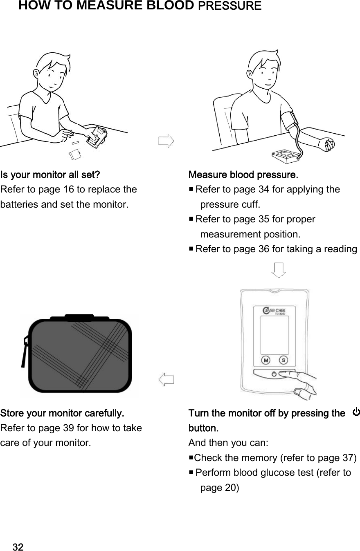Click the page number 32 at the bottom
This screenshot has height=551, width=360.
click(18, 547)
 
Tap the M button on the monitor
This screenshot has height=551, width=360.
click(266, 360)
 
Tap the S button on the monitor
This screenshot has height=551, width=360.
click(283, 360)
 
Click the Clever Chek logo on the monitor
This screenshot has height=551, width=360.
click(274, 312)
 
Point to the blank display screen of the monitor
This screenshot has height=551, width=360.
click(274, 336)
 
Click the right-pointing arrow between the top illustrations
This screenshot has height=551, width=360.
click(166, 141)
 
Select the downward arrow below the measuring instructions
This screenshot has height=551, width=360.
click(279, 270)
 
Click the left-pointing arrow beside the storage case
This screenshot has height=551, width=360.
click(166, 379)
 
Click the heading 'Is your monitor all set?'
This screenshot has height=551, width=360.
click(50, 175)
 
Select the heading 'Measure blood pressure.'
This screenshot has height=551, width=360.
click(243, 175)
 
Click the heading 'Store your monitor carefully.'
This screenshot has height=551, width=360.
click(62, 413)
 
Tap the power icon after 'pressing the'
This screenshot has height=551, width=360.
click(356, 412)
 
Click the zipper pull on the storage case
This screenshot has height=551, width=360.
click(24, 352)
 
